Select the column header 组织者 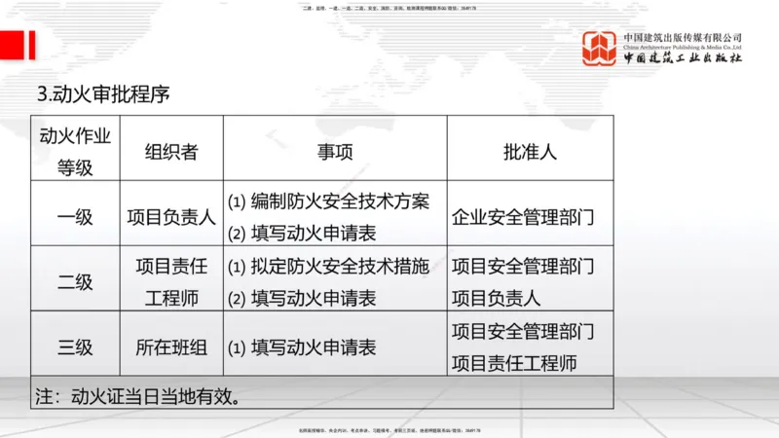[x=171, y=151]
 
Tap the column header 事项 [x=335, y=151]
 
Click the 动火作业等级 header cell [x=75, y=151]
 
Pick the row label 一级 [x=75, y=217]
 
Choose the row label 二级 [x=75, y=282]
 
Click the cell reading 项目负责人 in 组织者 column [x=171, y=217]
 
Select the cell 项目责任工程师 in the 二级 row [x=171, y=282]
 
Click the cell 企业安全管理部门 [x=522, y=217]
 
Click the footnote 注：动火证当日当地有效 [x=138, y=396]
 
